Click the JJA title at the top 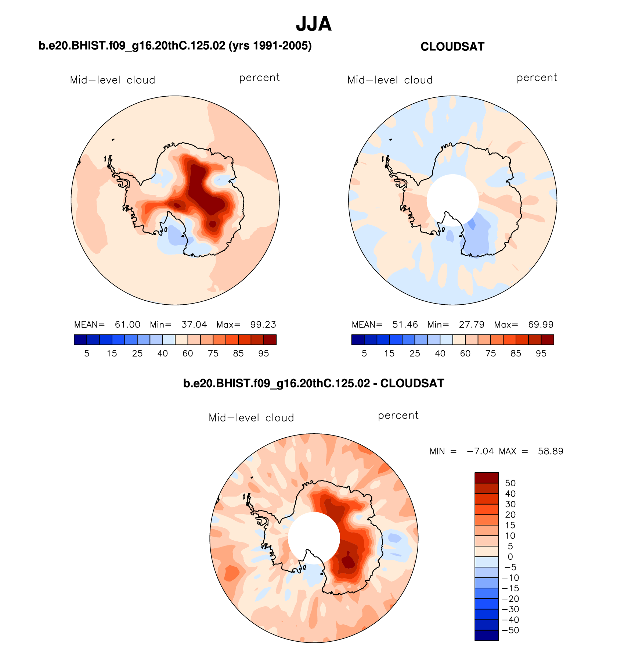(314, 24)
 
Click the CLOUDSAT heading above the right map (452, 47)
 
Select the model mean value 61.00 (127, 325)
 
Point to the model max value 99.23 (263, 325)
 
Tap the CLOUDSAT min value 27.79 (472, 325)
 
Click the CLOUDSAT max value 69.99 (541, 325)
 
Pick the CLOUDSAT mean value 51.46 (405, 325)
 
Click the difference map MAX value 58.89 (550, 451)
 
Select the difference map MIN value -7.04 (480, 451)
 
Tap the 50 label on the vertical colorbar (510, 483)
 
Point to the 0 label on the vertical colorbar (510, 557)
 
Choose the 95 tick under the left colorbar (263, 354)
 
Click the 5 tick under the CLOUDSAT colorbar (364, 354)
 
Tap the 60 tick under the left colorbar (188, 354)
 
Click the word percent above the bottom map (398, 416)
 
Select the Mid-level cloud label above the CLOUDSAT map (390, 80)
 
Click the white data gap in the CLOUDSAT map (452, 198)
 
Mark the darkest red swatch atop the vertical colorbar (487, 478)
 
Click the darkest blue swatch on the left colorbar (80, 340)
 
